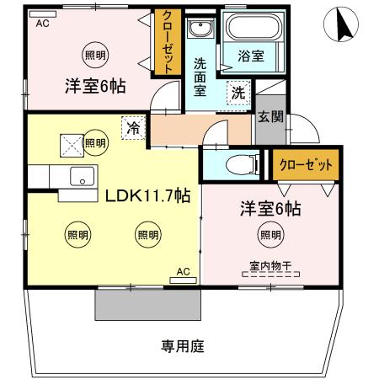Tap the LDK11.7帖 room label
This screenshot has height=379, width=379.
[147, 195]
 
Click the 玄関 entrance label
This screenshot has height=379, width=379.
[270, 116]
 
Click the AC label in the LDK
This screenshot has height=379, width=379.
[183, 271]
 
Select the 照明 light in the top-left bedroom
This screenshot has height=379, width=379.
[95, 56]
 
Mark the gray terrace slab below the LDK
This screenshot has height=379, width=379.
[146, 303]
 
